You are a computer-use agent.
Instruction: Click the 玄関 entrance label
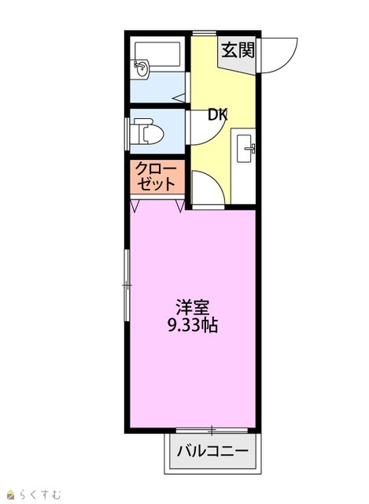(238, 50)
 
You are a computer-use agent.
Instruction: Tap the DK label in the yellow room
(218, 115)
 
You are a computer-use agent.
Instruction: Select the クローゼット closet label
(157, 176)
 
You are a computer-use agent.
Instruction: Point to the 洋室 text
(193, 307)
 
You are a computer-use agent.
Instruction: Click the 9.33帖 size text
(193, 325)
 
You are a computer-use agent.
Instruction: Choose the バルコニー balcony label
(213, 451)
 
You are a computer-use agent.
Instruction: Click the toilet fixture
(147, 132)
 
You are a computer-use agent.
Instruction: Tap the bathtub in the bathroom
(157, 54)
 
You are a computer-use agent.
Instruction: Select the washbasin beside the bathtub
(141, 69)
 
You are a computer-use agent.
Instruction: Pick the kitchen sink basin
(245, 148)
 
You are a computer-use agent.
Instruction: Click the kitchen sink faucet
(250, 149)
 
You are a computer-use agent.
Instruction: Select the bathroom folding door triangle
(180, 98)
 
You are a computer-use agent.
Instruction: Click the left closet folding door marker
(135, 206)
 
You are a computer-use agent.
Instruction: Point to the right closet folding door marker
(180, 206)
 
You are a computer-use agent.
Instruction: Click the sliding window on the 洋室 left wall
(127, 285)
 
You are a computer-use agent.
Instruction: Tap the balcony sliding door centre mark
(212, 430)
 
